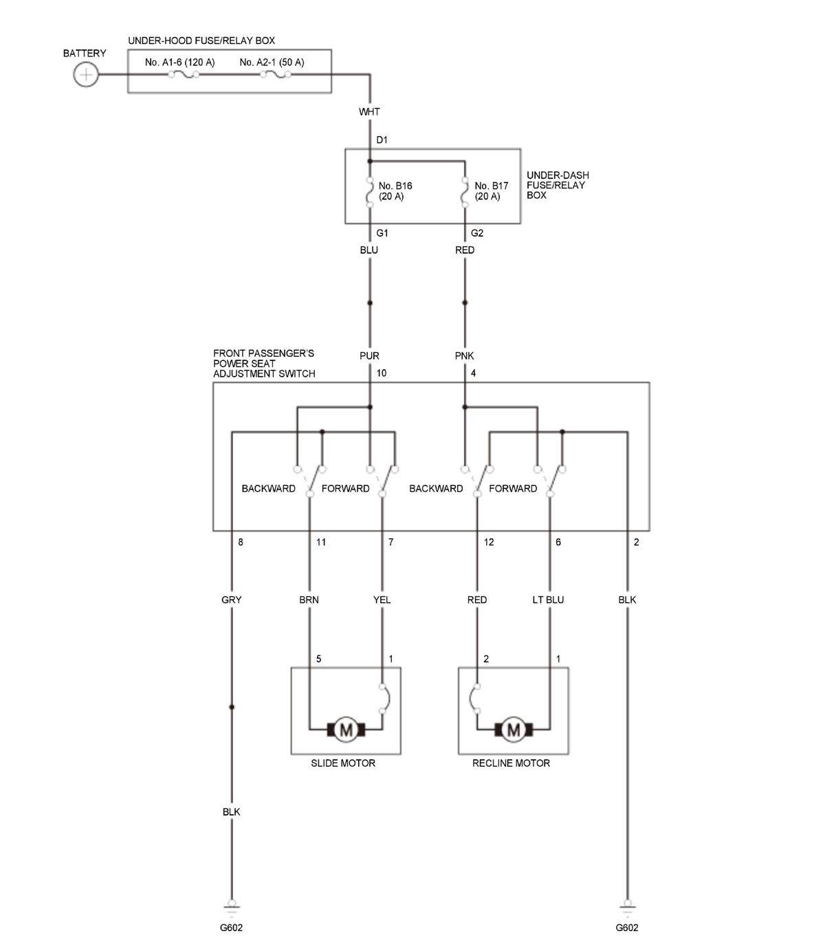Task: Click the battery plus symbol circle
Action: tap(86, 74)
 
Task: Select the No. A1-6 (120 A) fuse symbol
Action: tap(184, 74)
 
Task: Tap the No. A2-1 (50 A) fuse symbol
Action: tap(276, 74)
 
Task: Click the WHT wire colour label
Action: tap(369, 112)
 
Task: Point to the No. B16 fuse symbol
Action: tap(370, 192)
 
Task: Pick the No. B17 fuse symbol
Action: tap(465, 192)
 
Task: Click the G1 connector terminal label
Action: tap(382, 233)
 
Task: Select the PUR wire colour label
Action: tap(369, 356)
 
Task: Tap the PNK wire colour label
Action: tap(464, 356)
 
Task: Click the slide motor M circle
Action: tap(346, 730)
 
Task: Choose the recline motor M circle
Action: tap(514, 730)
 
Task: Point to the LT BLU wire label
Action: tap(548, 600)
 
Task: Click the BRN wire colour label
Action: tap(309, 600)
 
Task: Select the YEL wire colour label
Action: tap(382, 600)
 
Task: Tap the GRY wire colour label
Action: tap(232, 600)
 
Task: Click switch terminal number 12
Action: tap(489, 542)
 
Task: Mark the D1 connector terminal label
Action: tap(382, 140)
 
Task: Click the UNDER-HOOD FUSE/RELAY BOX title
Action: tap(201, 41)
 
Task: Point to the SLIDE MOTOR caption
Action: tap(342, 763)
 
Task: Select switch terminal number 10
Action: tap(381, 373)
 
